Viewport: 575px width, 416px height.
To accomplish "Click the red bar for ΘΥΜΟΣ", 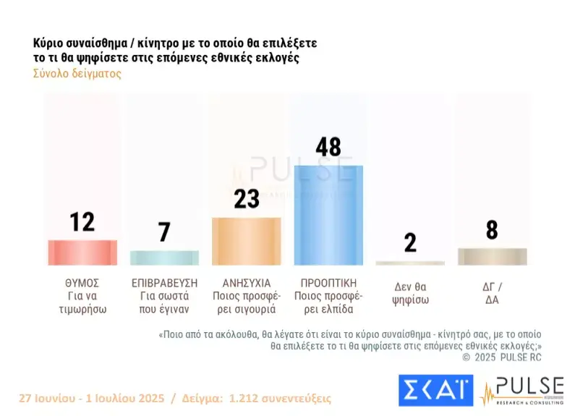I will [x=82, y=252].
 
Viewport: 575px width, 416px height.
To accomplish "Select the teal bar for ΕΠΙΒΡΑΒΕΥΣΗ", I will [x=164, y=258].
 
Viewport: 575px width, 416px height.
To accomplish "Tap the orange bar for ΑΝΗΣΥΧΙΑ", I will [x=246, y=241].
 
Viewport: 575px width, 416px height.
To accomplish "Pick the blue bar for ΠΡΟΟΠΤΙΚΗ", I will [x=328, y=215].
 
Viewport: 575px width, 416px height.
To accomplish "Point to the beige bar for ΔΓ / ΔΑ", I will [x=493, y=256].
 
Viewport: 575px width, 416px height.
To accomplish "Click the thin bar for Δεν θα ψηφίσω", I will [x=410, y=263].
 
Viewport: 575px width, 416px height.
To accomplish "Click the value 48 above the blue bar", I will [x=328, y=148].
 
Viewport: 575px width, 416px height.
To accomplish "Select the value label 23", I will [x=247, y=199].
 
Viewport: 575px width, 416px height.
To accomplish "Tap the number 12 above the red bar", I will [x=82, y=222].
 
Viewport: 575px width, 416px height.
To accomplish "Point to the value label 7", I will [x=164, y=232].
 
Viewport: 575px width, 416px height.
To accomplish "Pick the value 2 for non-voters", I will [x=410, y=242].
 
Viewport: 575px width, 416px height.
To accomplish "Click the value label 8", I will [x=492, y=230].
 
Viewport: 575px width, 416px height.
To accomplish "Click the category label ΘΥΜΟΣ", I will [x=82, y=282].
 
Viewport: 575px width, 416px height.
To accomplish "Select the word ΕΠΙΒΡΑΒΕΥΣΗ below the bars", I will [x=164, y=282].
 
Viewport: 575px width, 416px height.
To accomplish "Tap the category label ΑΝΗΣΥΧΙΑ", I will [x=246, y=282].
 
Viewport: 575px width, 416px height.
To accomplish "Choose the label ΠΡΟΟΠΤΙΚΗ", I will [x=328, y=282].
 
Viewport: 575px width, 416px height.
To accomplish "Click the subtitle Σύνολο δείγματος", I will [x=77, y=73].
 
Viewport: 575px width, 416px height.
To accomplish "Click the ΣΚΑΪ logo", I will [x=435, y=391].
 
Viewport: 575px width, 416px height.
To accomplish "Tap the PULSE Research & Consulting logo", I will [x=521, y=391].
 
